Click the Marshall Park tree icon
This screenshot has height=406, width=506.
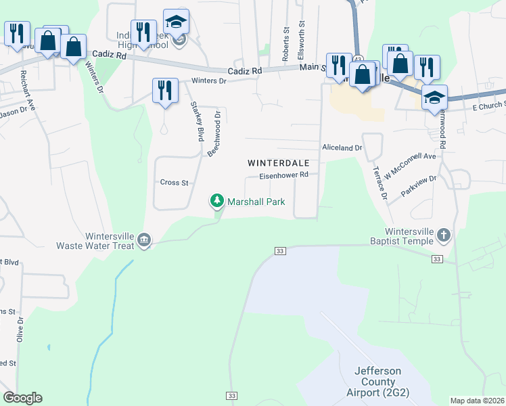tap(217, 201)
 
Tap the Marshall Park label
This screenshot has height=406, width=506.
tap(256, 202)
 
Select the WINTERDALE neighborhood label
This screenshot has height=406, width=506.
tap(278, 163)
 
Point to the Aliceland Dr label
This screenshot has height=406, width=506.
tap(342, 147)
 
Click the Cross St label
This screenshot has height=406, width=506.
tap(174, 183)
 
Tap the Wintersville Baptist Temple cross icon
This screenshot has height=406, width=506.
tap(443, 235)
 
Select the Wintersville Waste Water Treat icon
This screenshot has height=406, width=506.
tap(144, 240)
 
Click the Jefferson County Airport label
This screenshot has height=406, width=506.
tap(378, 382)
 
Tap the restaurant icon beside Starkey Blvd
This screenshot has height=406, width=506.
tap(165, 90)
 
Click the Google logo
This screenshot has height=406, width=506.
tap(22, 398)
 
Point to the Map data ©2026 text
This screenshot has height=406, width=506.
tap(477, 401)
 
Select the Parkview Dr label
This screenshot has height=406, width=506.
tap(419, 186)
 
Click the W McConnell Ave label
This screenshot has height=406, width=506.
tap(411, 166)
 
